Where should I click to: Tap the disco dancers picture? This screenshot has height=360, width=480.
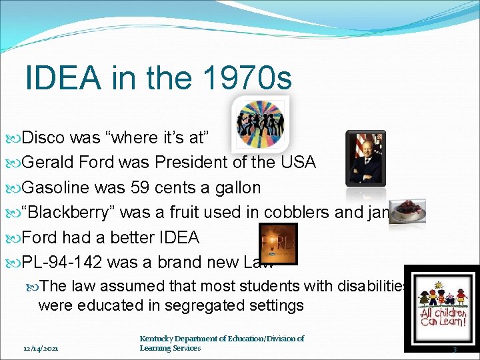click(x=261, y=123)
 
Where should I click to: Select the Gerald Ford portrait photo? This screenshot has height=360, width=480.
click(x=365, y=158)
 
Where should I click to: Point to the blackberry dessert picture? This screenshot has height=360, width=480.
click(x=408, y=211)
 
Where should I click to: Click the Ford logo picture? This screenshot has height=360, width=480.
click(x=277, y=243)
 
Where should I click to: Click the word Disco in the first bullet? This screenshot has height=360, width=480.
click(x=43, y=137)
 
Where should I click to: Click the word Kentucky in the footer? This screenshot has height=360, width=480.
click(x=159, y=339)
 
